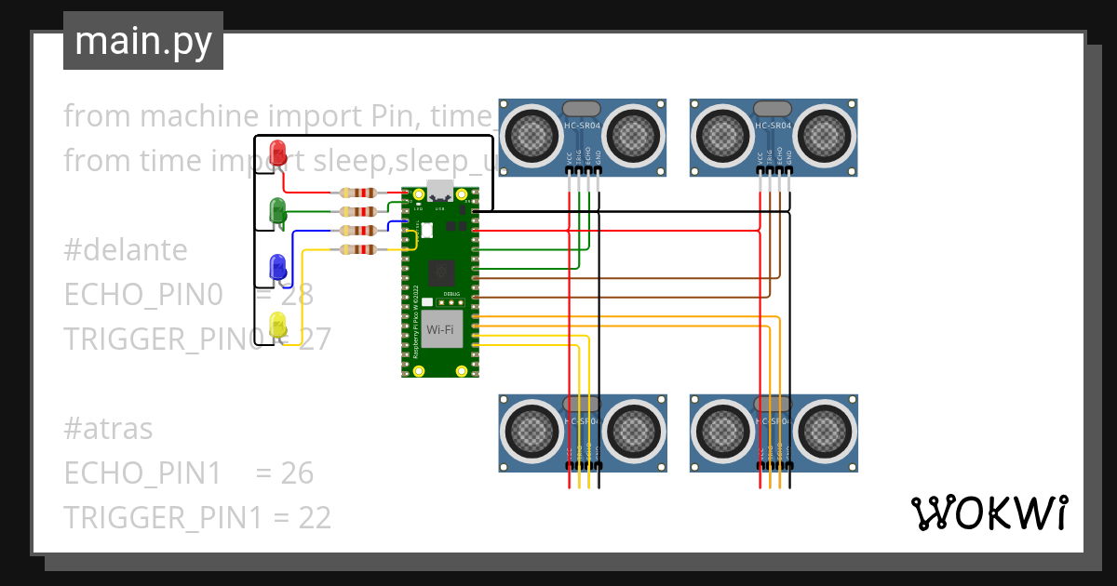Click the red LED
pyautogui.click(x=277, y=153)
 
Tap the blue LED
pyautogui.click(x=277, y=268)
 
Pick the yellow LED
pyautogui.click(x=277, y=326)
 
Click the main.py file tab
pyautogui.click(x=143, y=41)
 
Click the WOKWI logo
pyautogui.click(x=988, y=513)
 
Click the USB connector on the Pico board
pyautogui.click(x=440, y=193)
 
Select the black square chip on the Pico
pyautogui.click(x=440, y=273)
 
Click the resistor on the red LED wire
pyautogui.click(x=358, y=193)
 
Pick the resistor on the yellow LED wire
pyautogui.click(x=358, y=249)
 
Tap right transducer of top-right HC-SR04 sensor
pyautogui.click(x=826, y=136)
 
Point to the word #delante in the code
pyautogui.click(x=125, y=250)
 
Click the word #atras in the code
pyautogui.click(x=108, y=429)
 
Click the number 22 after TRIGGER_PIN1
pyautogui.click(x=314, y=518)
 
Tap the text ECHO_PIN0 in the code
pyautogui.click(x=143, y=295)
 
